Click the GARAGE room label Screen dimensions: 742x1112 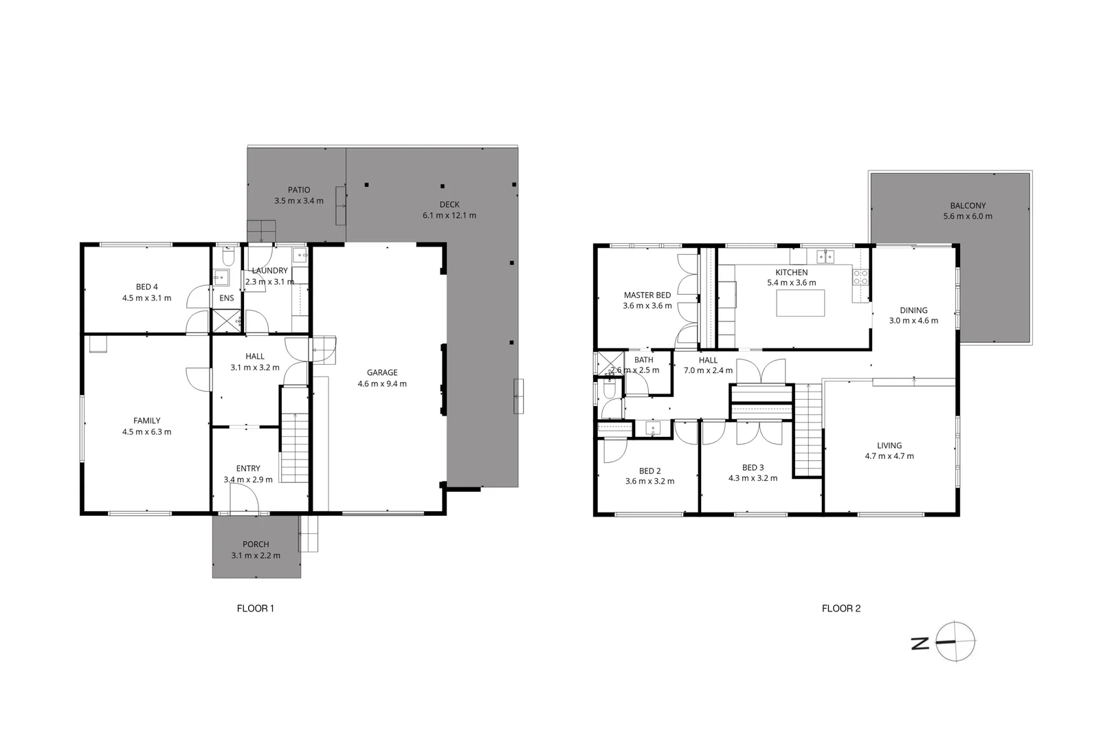point(381,372)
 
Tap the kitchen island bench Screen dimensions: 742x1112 point(800,303)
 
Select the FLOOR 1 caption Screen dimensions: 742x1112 point(256,608)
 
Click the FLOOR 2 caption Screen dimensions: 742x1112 point(841,608)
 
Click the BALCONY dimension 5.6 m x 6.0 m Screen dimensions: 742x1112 point(967,216)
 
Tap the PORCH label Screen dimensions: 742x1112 point(256,544)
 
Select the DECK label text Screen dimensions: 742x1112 point(449,204)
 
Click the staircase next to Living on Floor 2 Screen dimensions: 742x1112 point(808,429)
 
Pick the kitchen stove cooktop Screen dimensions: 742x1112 point(860,278)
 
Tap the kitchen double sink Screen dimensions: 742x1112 point(825,256)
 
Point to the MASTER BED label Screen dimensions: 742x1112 point(647,295)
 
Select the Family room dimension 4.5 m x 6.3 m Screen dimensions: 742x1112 point(146,432)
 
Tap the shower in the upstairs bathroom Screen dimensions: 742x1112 point(609,363)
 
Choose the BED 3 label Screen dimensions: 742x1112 point(753,467)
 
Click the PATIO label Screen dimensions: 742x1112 point(298,190)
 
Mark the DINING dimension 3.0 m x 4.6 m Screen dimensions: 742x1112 point(913,321)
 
